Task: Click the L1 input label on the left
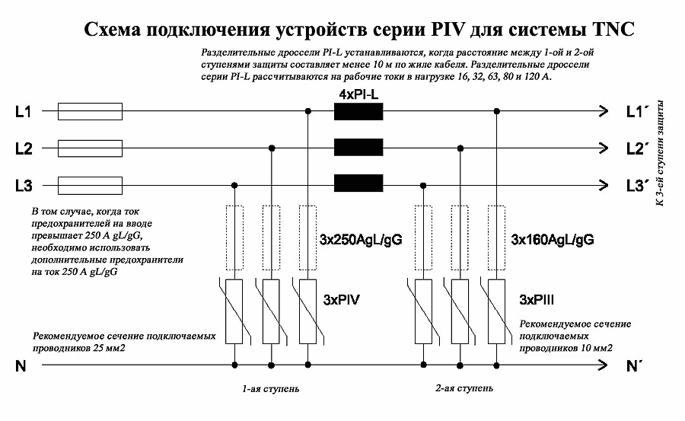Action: pyautogui.click(x=23, y=113)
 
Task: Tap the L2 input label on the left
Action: pyautogui.click(x=23, y=148)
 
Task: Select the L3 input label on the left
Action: pyautogui.click(x=23, y=184)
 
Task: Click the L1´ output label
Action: pyautogui.click(x=636, y=113)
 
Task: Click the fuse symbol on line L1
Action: pyautogui.click(x=91, y=112)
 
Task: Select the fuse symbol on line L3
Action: pyautogui.click(x=91, y=183)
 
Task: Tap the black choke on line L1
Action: pyautogui.click(x=358, y=112)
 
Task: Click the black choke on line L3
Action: pyautogui.click(x=358, y=183)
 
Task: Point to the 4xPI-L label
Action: pyautogui.click(x=359, y=94)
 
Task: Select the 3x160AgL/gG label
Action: pyautogui.click(x=552, y=241)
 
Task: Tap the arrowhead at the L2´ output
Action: pyautogui.click(x=604, y=148)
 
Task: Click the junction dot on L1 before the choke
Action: pyautogui.click(x=308, y=112)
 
